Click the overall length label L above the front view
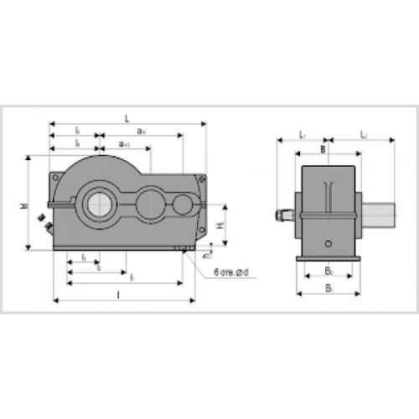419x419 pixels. [127, 119]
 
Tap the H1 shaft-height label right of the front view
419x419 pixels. [219, 225]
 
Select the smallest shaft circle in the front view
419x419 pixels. [183, 203]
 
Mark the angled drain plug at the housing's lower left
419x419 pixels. [45, 223]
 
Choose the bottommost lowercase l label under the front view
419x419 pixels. [119, 294]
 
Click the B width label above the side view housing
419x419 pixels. [323, 148]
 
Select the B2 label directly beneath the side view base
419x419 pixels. [328, 272]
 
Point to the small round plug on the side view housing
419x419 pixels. [328, 245]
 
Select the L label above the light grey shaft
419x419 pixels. [363, 133]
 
